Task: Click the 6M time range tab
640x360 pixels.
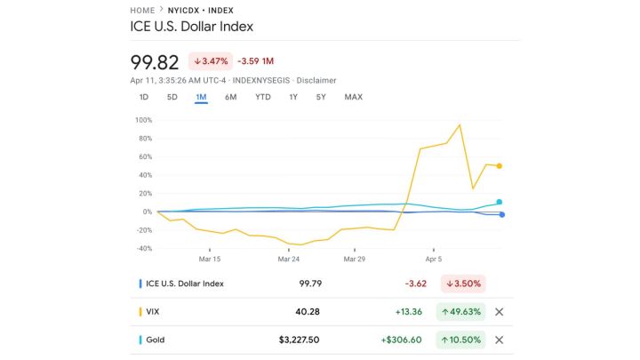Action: click(x=230, y=97)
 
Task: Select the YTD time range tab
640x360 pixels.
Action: click(x=262, y=97)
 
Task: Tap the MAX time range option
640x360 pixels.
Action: click(x=353, y=97)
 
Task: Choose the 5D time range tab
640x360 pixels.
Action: click(x=172, y=97)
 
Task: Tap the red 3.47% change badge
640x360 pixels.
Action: click(x=210, y=61)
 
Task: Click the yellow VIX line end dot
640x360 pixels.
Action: click(x=500, y=166)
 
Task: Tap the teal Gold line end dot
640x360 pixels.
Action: click(x=500, y=202)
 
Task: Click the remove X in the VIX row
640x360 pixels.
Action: click(x=499, y=312)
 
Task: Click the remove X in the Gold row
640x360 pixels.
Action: click(x=499, y=340)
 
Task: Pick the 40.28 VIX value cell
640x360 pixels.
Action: click(x=307, y=312)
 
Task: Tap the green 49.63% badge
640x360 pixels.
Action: click(x=460, y=312)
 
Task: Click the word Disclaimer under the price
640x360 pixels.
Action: click(x=316, y=80)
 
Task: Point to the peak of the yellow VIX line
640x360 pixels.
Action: click(x=460, y=124)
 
